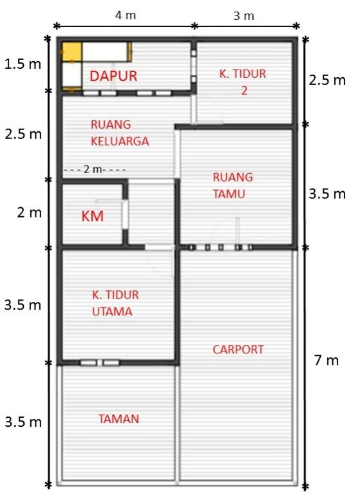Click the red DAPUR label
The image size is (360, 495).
(x=113, y=76)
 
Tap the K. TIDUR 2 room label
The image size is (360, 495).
(x=242, y=82)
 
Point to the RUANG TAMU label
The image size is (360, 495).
(x=232, y=185)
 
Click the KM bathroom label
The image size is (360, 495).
(x=93, y=216)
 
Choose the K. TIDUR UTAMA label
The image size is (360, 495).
(x=115, y=303)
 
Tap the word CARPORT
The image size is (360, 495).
(x=238, y=350)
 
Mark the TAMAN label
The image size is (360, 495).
(x=118, y=418)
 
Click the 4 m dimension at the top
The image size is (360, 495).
(x=126, y=14)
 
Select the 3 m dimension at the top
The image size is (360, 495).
(x=244, y=15)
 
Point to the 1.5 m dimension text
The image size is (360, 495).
(x=23, y=64)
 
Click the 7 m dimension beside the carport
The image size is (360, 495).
(x=326, y=360)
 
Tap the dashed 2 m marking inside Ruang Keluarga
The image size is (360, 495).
(x=94, y=169)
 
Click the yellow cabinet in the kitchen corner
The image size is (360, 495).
(x=71, y=51)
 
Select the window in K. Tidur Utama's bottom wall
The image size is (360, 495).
(x=99, y=363)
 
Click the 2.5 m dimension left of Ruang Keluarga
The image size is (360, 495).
(x=23, y=135)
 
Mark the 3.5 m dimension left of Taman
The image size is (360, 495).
(x=23, y=422)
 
